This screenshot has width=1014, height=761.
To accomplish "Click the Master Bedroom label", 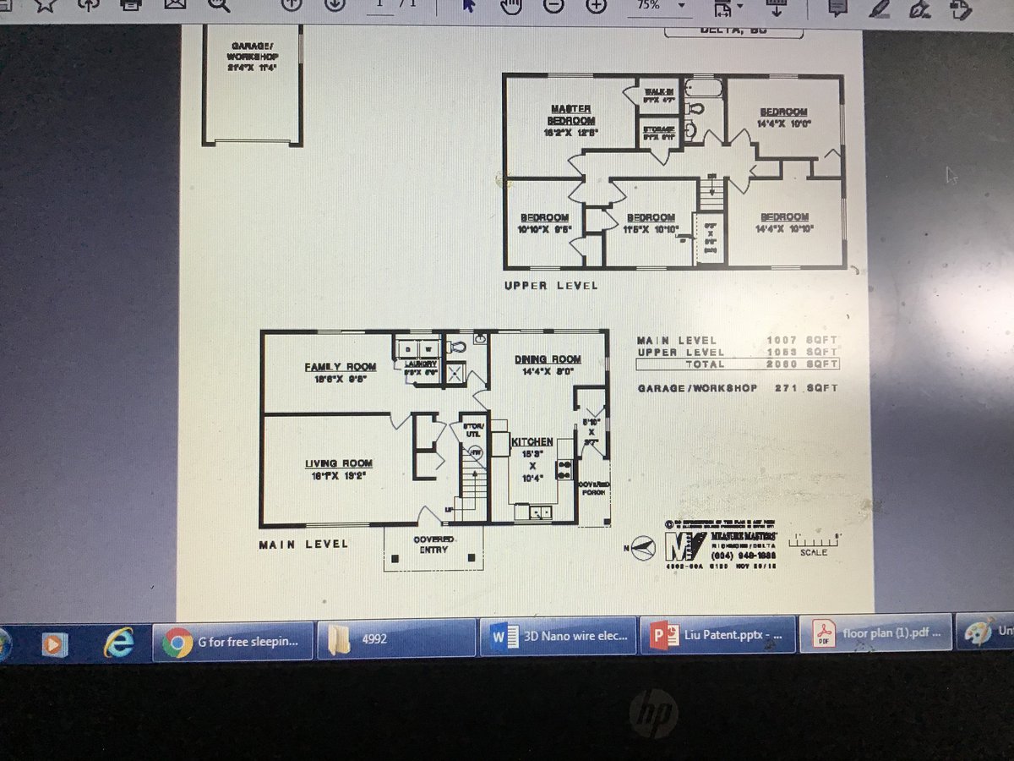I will coord(571,114).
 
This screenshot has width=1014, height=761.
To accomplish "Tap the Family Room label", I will coord(341,366).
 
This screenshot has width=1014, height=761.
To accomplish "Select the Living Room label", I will coord(339,463).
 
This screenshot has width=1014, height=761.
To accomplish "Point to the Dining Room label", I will coord(548,359).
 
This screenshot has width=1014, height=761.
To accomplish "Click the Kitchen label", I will coord(532,441).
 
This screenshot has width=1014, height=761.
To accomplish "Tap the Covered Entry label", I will coord(433,545).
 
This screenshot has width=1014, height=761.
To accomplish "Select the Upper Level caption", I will coord(551,286).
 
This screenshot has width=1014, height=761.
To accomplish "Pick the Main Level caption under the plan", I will coord(303,544).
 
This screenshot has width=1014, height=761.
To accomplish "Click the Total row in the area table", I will coord(737,364).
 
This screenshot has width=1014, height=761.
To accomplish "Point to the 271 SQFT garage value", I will coord(806,388).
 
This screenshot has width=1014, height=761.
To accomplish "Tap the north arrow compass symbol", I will coord(645,548).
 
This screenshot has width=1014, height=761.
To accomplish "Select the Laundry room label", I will coord(420,364).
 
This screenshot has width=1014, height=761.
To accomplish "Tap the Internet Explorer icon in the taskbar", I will coord(118,642).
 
